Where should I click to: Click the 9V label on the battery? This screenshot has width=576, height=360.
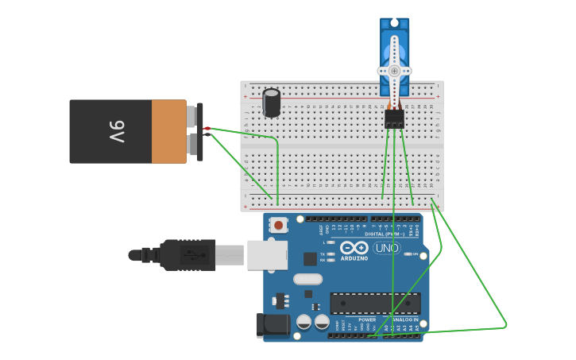pyautogui.click(x=117, y=132)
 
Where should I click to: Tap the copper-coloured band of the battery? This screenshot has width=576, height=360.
pyautogui.click(x=168, y=132)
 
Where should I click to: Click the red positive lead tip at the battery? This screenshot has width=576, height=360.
pyautogui.click(x=207, y=129)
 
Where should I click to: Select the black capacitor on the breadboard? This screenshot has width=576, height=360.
pyautogui.click(x=272, y=103)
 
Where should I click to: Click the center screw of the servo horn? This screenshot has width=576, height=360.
pyautogui.click(x=394, y=71)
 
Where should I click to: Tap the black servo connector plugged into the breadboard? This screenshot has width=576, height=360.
pyautogui.click(x=394, y=118)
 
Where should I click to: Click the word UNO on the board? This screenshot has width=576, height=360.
pyautogui.click(x=386, y=248)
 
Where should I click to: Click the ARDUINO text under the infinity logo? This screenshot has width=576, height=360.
pyautogui.click(x=354, y=258)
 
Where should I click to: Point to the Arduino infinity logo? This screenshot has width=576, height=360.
pyautogui.click(x=354, y=247)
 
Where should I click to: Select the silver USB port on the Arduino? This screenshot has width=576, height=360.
pyautogui.click(x=267, y=255)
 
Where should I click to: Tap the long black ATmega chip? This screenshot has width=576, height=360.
pyautogui.click(x=375, y=303)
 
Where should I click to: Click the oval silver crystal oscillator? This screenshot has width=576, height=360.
pyautogui.click(x=308, y=279)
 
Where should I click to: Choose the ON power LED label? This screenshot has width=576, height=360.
pyautogui.click(x=414, y=254)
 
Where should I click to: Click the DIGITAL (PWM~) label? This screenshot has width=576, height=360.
pyautogui.click(x=385, y=234)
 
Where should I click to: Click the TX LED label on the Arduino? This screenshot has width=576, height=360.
pyautogui.click(x=323, y=254)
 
